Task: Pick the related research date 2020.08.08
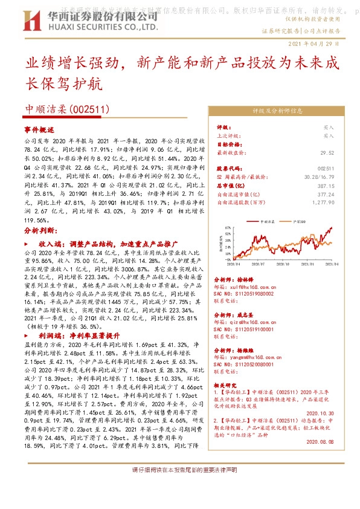(326, 441)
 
